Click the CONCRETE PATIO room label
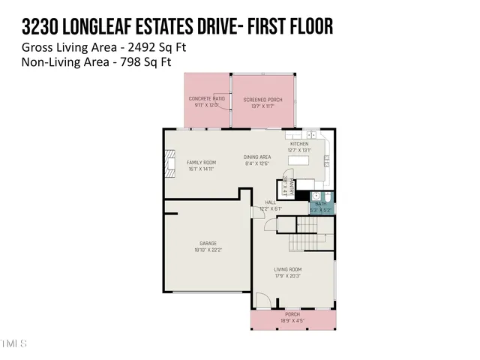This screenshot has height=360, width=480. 207,99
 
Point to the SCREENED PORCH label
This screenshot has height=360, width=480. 262,99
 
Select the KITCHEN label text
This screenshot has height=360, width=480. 299,143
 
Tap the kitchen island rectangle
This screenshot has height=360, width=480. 299,160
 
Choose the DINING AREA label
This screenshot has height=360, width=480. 256,157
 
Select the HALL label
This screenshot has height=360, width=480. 270,202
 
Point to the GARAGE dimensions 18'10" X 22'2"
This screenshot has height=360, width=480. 208,250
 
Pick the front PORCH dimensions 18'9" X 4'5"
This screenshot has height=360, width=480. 291,320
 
